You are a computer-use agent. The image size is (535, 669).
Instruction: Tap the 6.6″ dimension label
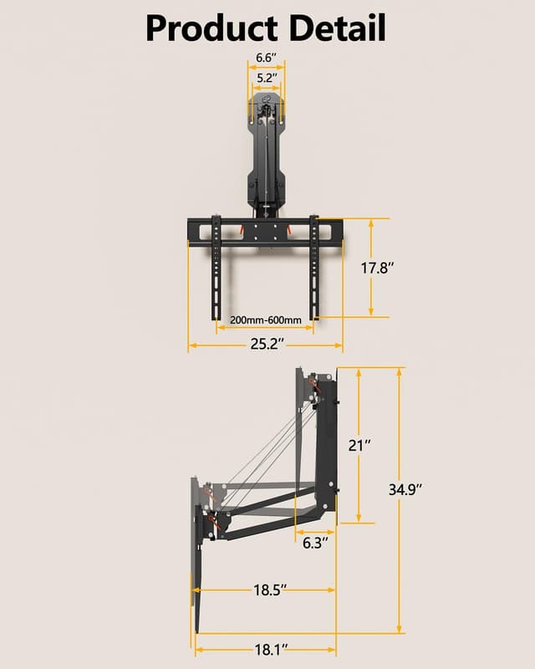click(x=265, y=58)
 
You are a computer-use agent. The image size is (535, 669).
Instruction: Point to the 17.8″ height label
click(x=377, y=268)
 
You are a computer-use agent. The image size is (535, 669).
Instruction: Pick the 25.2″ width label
click(x=264, y=344)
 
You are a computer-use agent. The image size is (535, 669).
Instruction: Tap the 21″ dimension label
click(x=359, y=445)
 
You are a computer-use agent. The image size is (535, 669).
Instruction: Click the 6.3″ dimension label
click(x=314, y=543)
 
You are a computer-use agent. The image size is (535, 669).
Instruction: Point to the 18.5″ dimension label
click(x=270, y=590)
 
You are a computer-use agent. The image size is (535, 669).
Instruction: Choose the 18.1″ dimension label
click(x=270, y=648)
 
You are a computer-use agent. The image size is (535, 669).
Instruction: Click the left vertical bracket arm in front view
click(x=216, y=268)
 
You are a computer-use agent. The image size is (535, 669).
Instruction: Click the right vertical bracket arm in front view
click(x=314, y=268)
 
